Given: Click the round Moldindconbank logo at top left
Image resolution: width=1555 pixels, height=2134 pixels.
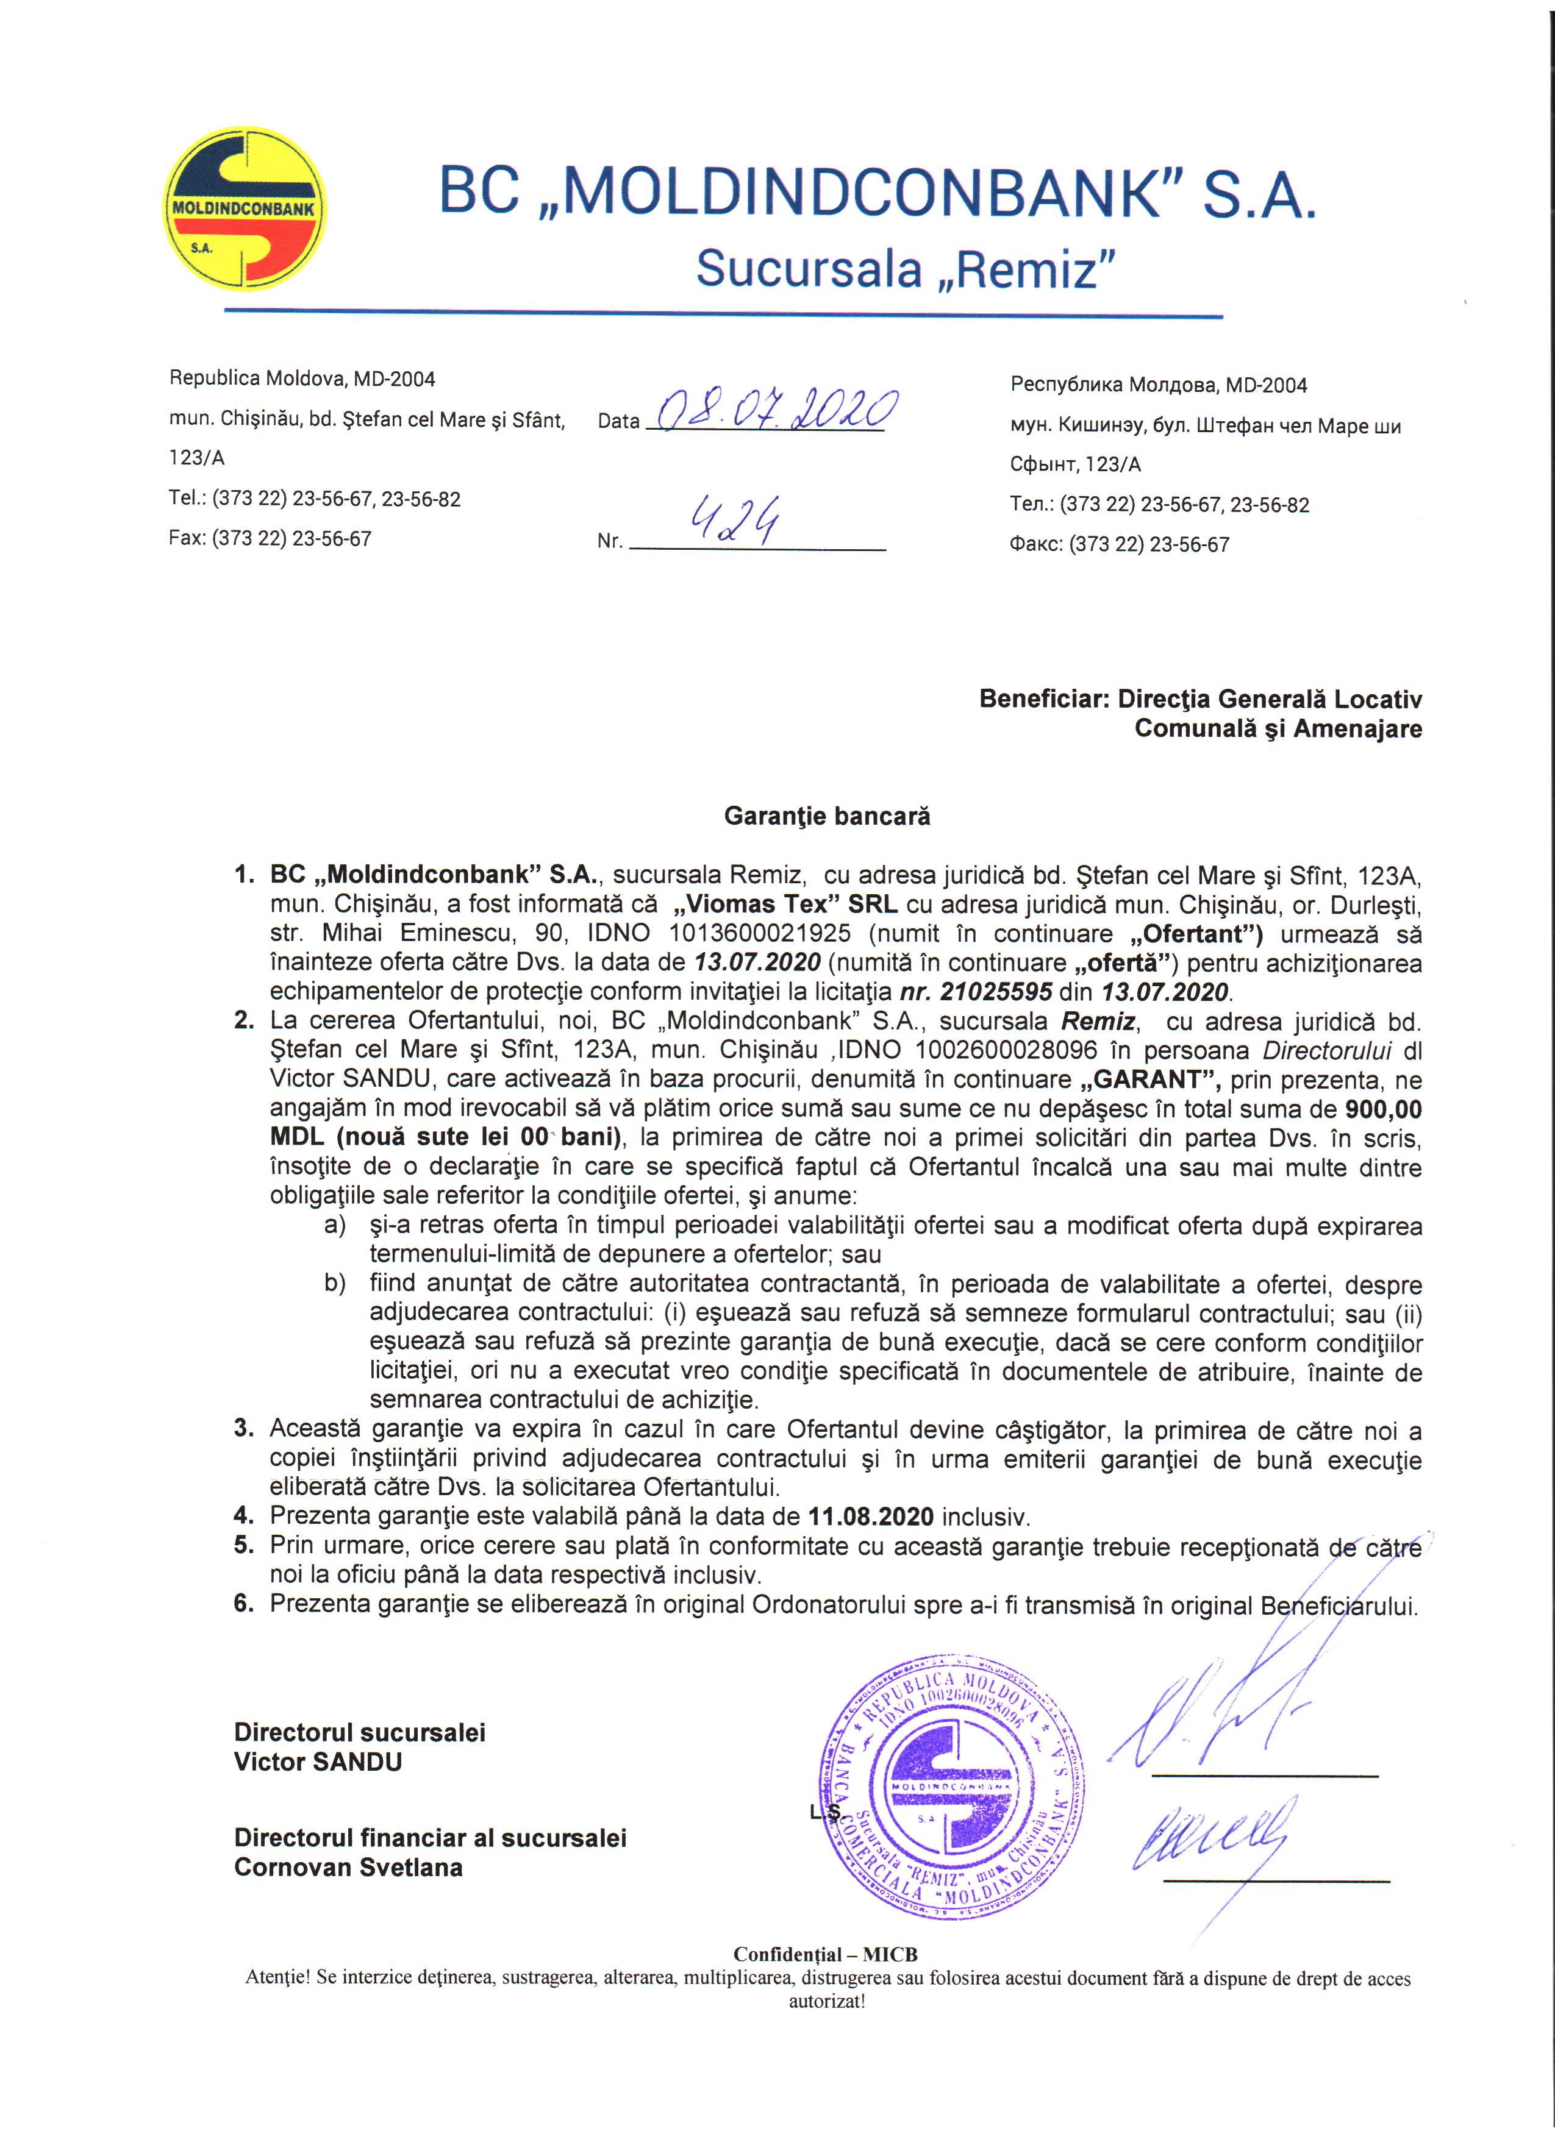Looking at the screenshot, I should (245, 209).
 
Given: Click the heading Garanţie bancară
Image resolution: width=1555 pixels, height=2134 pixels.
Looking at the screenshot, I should (826, 816).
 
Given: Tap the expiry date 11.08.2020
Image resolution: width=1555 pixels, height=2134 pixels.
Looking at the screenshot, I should (871, 1516).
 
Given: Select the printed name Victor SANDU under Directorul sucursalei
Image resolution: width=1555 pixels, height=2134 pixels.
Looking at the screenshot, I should (318, 1762).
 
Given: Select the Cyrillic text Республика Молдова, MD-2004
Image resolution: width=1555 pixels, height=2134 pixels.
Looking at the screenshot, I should (1159, 385).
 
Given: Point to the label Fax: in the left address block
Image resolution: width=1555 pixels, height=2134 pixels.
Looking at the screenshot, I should (187, 539).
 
